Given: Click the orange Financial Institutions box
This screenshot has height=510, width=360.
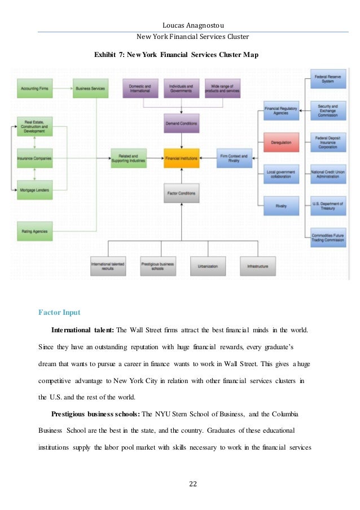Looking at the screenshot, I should pos(181,159).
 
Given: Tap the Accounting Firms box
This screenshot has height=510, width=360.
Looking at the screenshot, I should pos(34,89).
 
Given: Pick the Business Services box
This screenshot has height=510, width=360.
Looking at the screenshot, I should pos(90,89).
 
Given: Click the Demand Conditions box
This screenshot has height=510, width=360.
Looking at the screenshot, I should pos(181,123).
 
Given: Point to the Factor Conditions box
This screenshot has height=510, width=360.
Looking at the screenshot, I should pos(181,193).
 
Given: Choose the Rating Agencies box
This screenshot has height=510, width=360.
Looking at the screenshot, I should pos(34,231).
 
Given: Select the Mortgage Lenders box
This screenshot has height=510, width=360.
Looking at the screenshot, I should pos(34,191).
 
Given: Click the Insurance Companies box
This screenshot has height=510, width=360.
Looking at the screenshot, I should pos(34,159).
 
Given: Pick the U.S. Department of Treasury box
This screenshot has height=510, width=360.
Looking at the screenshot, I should pos(327,206).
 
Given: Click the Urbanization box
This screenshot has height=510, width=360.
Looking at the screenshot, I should pos(208,266).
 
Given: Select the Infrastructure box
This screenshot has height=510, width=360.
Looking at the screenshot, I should pos(257,266).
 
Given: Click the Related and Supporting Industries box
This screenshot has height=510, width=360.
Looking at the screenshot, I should pos(129,159).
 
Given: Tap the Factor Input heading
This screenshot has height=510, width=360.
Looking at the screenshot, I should pos(59,312).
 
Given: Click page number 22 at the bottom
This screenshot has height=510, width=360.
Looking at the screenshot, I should pos(179,483).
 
